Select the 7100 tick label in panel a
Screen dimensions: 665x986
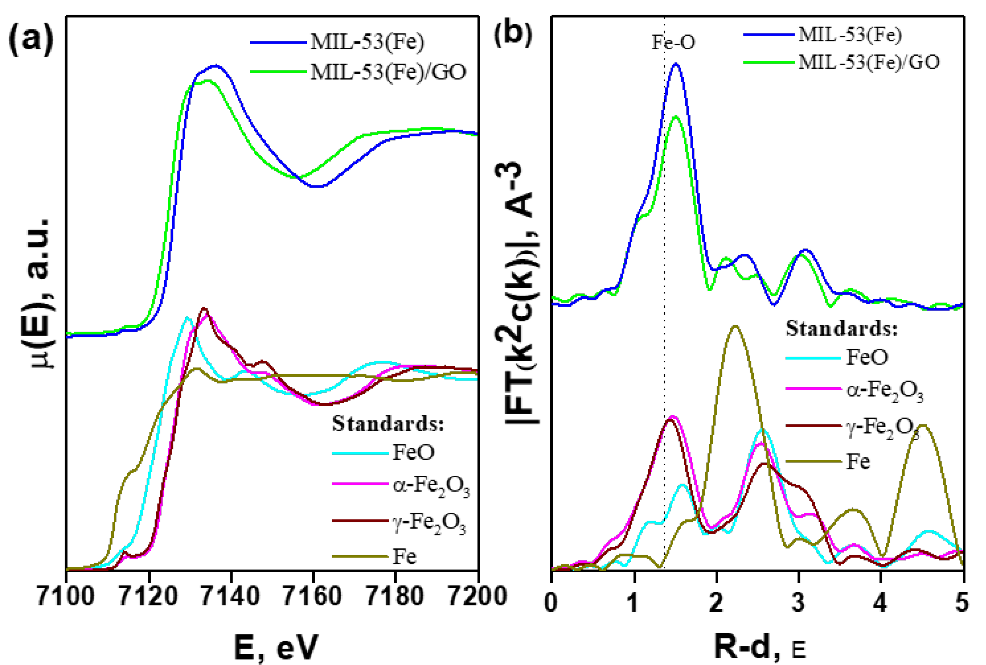66,596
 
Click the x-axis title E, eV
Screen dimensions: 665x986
275,647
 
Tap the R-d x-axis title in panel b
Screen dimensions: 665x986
759,647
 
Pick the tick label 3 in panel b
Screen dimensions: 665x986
798,602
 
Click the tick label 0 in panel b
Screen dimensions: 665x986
551,602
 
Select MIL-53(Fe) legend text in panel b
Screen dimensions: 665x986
850,35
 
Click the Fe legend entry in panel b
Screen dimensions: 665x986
858,461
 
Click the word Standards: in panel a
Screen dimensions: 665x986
388,424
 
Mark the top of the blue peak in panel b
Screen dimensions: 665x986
676,64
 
